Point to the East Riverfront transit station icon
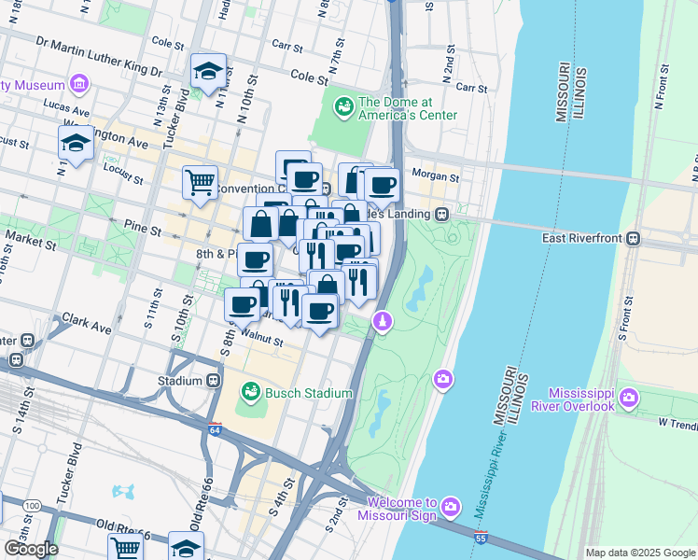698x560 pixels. [634, 239]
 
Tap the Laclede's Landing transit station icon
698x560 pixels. [442, 214]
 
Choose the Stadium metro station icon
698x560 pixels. [215, 381]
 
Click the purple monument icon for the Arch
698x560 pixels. [382, 322]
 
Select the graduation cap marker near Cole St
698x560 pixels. [208, 70]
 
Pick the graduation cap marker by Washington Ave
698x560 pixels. [76, 142]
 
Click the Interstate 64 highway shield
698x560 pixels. [214, 428]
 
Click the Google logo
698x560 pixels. [30, 549]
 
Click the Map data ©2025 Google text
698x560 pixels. [639, 553]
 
